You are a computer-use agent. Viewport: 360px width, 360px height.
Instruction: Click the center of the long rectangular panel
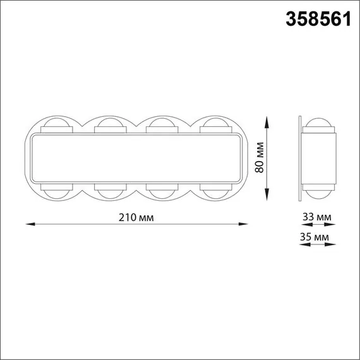[x=136, y=158]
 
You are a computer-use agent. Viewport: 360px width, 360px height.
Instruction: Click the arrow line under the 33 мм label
[x=316, y=225]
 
